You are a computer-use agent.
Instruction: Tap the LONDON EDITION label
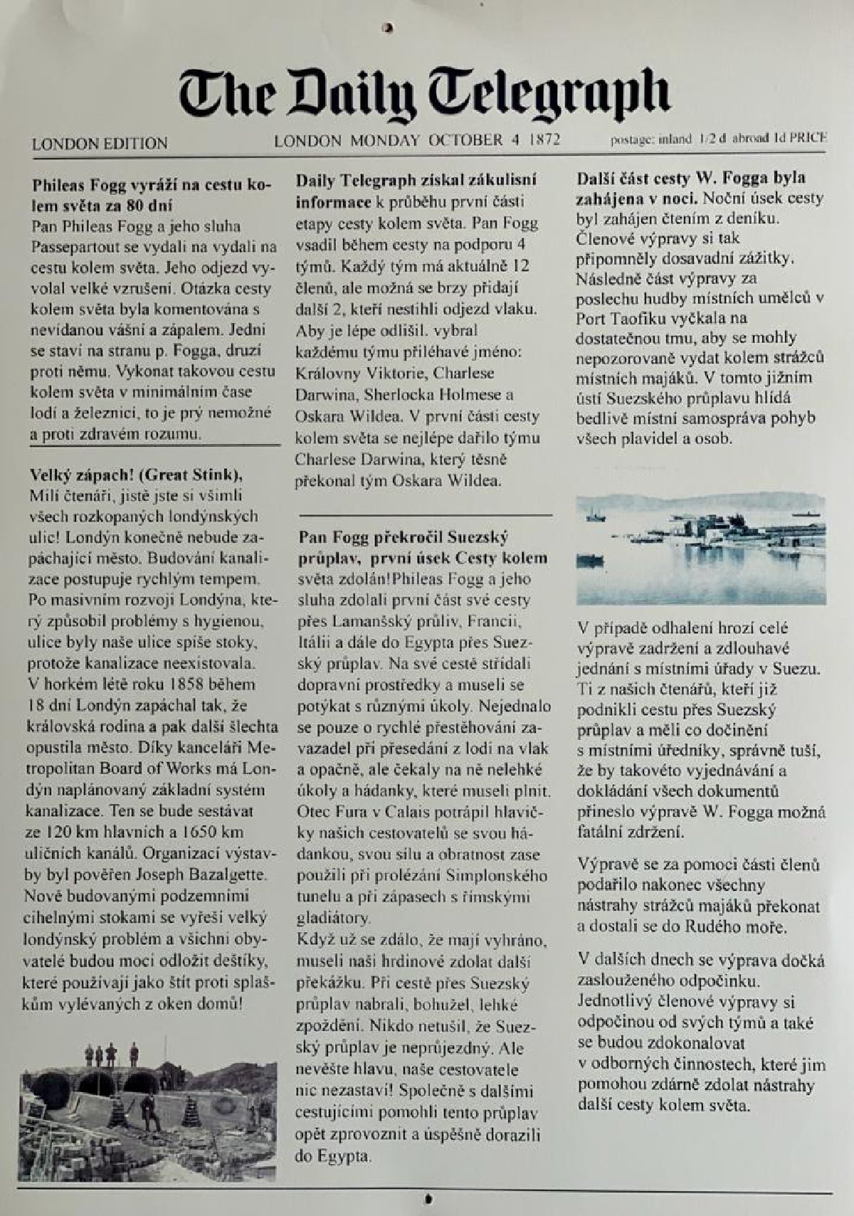coord(100,143)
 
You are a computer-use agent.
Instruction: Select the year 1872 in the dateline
coord(544,139)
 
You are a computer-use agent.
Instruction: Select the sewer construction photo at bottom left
coord(148,1110)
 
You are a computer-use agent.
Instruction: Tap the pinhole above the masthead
coord(388,28)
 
